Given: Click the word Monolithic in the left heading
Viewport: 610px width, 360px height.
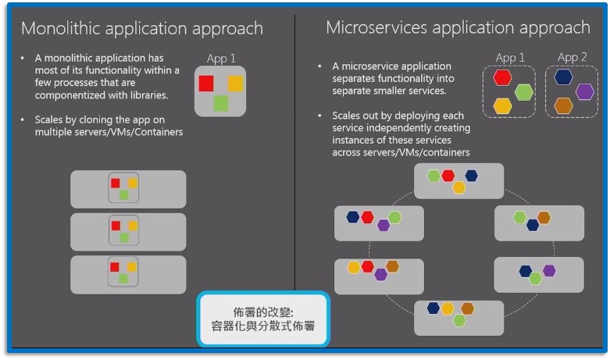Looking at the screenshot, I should tap(59, 29).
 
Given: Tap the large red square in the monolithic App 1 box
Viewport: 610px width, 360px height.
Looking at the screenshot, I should tap(206, 83).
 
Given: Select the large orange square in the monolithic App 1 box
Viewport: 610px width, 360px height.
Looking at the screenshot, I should tap(235, 83).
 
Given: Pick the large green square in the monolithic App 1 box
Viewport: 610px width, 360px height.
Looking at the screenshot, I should tap(221, 102).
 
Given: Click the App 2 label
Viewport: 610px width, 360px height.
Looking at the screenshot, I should tap(573, 57).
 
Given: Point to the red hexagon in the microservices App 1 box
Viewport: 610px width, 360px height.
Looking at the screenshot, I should tap(503, 77).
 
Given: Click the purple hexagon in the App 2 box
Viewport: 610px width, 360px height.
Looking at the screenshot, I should tap(585, 91).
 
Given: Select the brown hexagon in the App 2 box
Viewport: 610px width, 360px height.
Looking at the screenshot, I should tap(563, 105).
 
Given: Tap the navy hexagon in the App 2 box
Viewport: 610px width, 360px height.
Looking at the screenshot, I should tap(564, 77).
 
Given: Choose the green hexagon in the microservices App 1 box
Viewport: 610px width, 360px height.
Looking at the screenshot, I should tap(523, 91).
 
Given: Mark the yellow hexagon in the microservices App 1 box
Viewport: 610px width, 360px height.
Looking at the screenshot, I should tap(503, 105).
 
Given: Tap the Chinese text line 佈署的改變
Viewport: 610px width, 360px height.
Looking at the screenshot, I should tap(263, 309).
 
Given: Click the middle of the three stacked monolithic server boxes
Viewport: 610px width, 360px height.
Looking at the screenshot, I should tap(128, 232).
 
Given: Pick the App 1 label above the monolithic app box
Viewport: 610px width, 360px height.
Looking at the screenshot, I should tap(221, 59).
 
